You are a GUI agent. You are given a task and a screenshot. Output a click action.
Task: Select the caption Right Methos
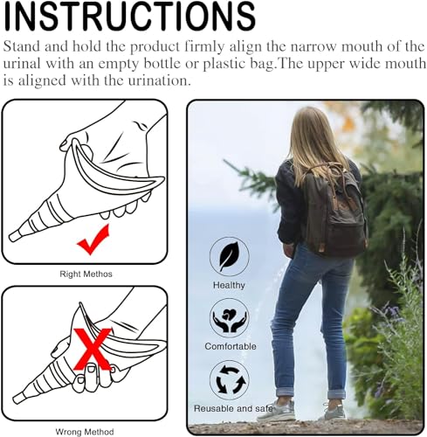[86, 274]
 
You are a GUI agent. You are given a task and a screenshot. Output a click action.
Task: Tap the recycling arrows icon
[229, 380]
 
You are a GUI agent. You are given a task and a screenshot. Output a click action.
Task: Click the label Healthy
[229, 285]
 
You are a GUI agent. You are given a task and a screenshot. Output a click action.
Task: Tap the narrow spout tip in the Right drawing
[16, 235]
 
